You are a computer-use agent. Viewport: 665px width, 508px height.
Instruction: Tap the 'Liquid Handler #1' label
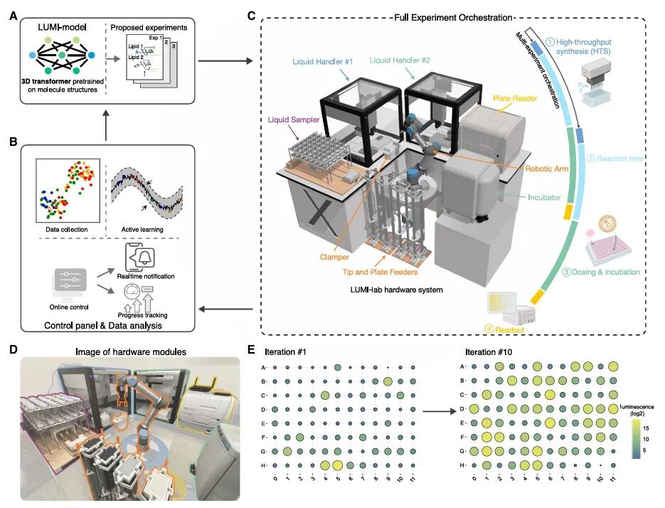click(x=323, y=62)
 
